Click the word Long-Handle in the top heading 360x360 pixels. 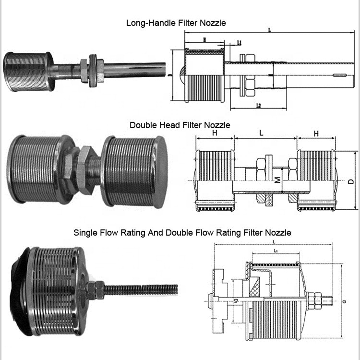click(146, 23)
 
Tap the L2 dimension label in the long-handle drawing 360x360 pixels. click(258, 105)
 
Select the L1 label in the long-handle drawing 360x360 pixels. click(239, 43)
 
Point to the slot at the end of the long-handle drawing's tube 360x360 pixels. click(340, 75)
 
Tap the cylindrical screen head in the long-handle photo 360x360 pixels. click(26, 70)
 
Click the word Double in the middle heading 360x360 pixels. click(142, 125)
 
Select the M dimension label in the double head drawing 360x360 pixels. click(277, 180)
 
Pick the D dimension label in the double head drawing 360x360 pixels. click(351, 182)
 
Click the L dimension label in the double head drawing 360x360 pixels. click(261, 134)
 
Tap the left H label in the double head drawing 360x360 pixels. click(214, 134)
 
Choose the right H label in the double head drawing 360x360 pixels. click(316, 134)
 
